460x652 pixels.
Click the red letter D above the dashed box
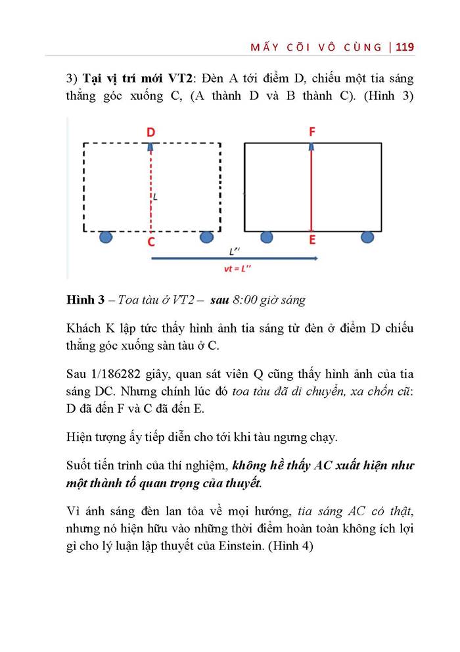tap(151, 133)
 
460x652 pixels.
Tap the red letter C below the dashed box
tap(151, 242)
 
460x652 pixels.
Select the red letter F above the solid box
tap(312, 132)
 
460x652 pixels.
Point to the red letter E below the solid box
tap(312, 241)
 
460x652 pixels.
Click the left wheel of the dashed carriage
tap(106, 237)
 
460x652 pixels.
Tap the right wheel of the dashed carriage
tap(207, 237)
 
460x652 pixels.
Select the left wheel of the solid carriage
tap(266, 237)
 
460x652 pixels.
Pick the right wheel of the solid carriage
tap(368, 237)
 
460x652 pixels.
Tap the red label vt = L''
tap(235, 269)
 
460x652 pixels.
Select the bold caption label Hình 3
tap(85, 300)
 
